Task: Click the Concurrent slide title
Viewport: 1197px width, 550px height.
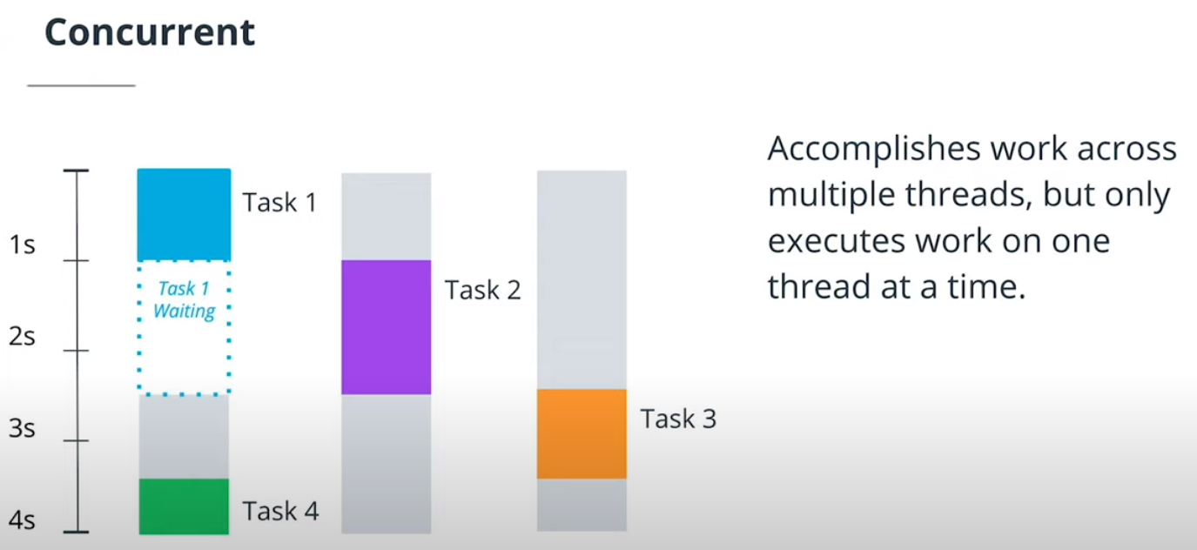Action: (x=150, y=32)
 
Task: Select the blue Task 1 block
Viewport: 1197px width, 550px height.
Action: (x=185, y=215)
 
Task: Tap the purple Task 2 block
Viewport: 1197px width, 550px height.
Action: (x=387, y=327)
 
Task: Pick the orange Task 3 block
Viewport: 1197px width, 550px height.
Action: (x=582, y=434)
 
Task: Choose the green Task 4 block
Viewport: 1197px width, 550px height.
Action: (x=184, y=506)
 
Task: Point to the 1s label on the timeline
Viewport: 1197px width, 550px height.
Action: (x=22, y=245)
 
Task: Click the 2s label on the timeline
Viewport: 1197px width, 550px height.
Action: (x=22, y=337)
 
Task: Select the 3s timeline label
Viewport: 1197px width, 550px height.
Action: (x=22, y=428)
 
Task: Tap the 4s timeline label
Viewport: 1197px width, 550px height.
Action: (x=22, y=520)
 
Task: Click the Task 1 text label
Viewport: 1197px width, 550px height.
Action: (x=279, y=203)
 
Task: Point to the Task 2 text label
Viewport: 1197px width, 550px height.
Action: (x=482, y=290)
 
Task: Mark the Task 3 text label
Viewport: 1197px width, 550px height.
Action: (x=678, y=419)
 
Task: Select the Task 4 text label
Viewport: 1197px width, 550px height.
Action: (x=280, y=511)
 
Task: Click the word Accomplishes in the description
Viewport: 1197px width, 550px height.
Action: (x=874, y=149)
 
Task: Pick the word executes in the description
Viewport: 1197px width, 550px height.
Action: (x=836, y=241)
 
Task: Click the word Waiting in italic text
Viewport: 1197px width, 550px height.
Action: (x=185, y=312)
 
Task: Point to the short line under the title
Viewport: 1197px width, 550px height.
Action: (x=81, y=85)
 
